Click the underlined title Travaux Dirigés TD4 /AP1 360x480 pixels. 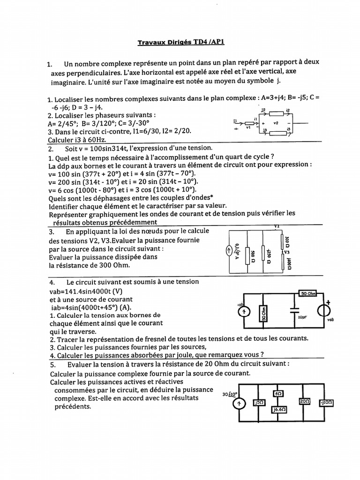coord(181,42)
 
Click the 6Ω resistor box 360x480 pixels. coord(278,393)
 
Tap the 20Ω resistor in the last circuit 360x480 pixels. coord(306,402)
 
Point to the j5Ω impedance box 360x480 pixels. coord(258,403)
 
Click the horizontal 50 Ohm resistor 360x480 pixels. coord(308,293)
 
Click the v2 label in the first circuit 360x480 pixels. coord(276,123)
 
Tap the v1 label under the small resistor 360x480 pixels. coord(249,127)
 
